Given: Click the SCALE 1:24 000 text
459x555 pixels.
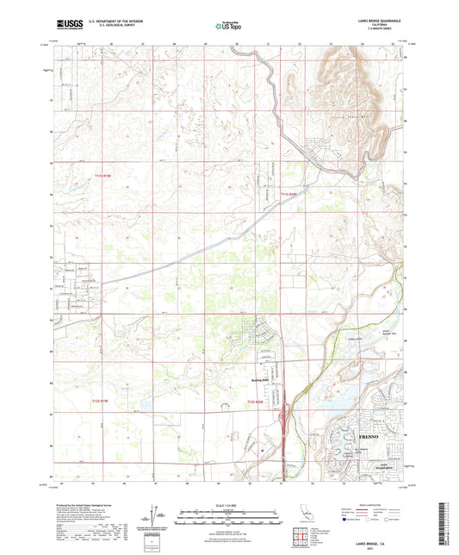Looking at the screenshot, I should (x=229, y=504).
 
